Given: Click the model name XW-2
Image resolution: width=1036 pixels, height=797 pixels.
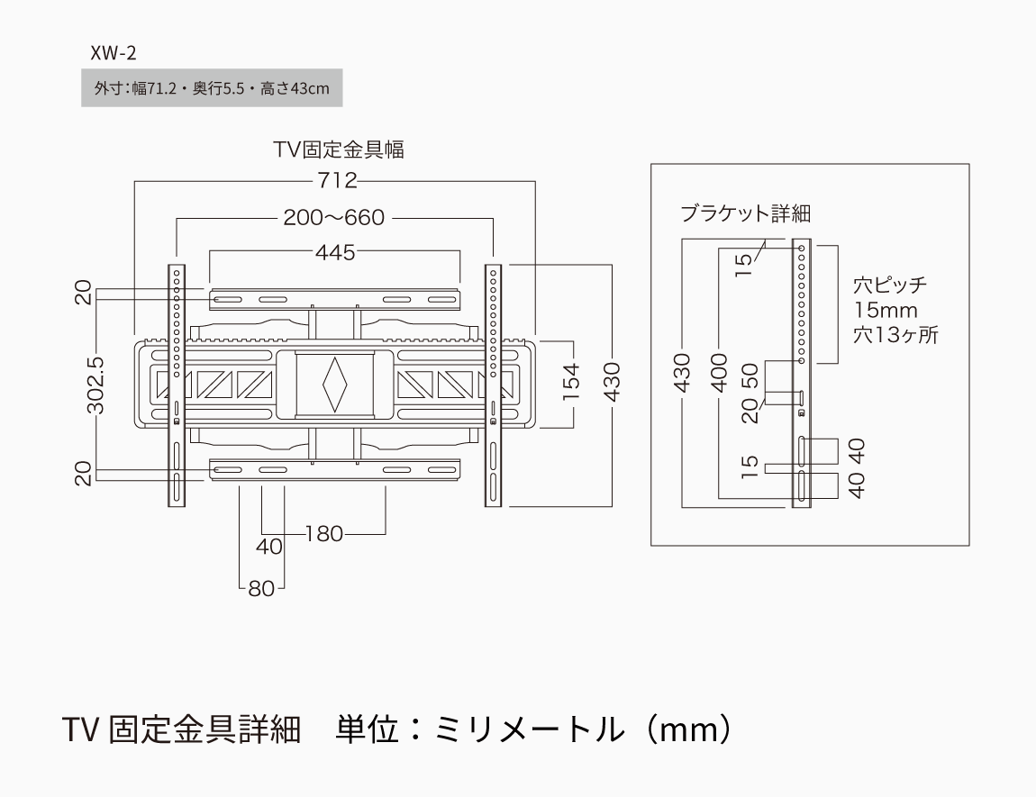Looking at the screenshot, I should click(113, 52).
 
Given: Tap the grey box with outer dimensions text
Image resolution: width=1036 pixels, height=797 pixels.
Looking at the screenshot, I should click(212, 88).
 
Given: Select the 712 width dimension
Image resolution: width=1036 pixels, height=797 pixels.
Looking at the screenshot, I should click(336, 181).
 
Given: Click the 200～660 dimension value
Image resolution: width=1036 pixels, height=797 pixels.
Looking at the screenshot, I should click(334, 218).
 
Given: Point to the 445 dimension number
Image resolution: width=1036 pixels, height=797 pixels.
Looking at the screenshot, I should click(335, 252).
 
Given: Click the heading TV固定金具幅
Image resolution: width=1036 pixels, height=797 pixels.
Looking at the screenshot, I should click(339, 149).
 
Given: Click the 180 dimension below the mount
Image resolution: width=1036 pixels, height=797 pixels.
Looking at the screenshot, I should click(324, 534).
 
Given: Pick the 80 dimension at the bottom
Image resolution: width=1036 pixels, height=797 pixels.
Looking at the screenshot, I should click(261, 589).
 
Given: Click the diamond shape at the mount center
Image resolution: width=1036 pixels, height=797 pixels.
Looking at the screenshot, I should click(334, 385).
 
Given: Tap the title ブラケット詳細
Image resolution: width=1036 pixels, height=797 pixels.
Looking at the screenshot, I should click(746, 214).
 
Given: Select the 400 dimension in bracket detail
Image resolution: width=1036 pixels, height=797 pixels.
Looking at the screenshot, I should click(718, 372).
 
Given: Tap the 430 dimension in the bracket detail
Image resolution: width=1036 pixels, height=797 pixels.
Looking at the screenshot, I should click(682, 372).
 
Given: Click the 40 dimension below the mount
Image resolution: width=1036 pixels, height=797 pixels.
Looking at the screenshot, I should click(269, 547).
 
